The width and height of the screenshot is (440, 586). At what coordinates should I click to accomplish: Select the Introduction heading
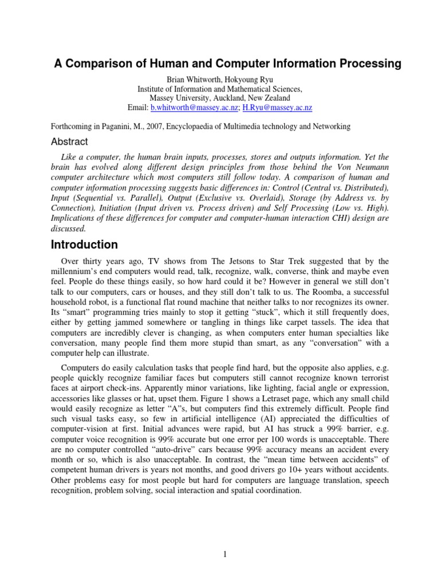click(x=85, y=245)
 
